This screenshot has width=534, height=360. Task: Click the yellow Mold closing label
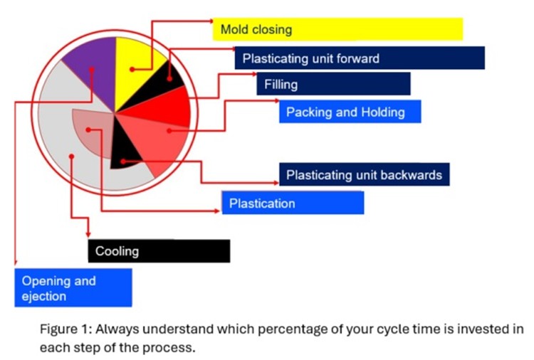click(x=337, y=29)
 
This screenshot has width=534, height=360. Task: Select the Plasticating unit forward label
click(x=360, y=58)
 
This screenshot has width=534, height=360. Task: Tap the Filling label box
click(x=333, y=84)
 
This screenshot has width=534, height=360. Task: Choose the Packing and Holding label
click(x=350, y=111)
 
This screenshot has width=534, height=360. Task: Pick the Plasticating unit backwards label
click(x=365, y=174)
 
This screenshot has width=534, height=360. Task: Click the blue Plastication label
click(x=293, y=203)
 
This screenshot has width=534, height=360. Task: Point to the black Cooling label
click(x=159, y=251)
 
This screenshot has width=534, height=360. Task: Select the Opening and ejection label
click(x=73, y=288)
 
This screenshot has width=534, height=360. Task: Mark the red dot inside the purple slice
click(x=92, y=70)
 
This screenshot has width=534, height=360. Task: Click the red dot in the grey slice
click(x=71, y=157)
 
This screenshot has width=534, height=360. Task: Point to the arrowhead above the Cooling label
click(x=88, y=235)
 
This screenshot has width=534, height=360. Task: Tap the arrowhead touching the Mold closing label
click(x=211, y=21)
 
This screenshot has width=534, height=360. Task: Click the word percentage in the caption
click(x=289, y=329)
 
